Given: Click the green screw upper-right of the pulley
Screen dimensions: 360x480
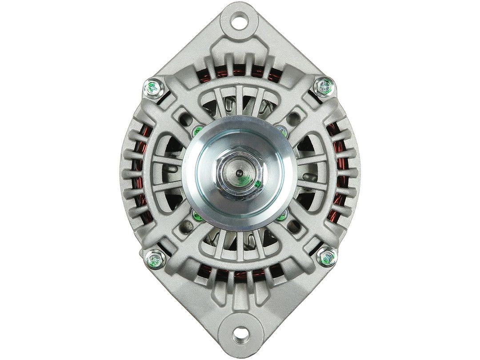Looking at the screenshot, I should tap(282, 129).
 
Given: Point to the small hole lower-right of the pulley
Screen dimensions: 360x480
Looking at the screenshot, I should tap(294, 232).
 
